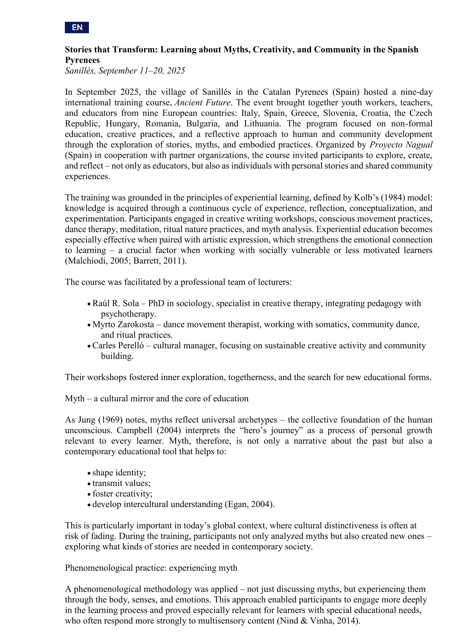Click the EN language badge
[x=77, y=28]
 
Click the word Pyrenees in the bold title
[x=82, y=60]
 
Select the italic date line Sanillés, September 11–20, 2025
[x=125, y=71]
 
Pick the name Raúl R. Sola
[x=116, y=303]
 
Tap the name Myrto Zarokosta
[x=123, y=324]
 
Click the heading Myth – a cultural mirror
[x=156, y=398]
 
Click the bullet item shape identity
[x=119, y=473]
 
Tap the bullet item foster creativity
[x=122, y=494]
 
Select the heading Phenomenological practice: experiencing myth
[x=151, y=568]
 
